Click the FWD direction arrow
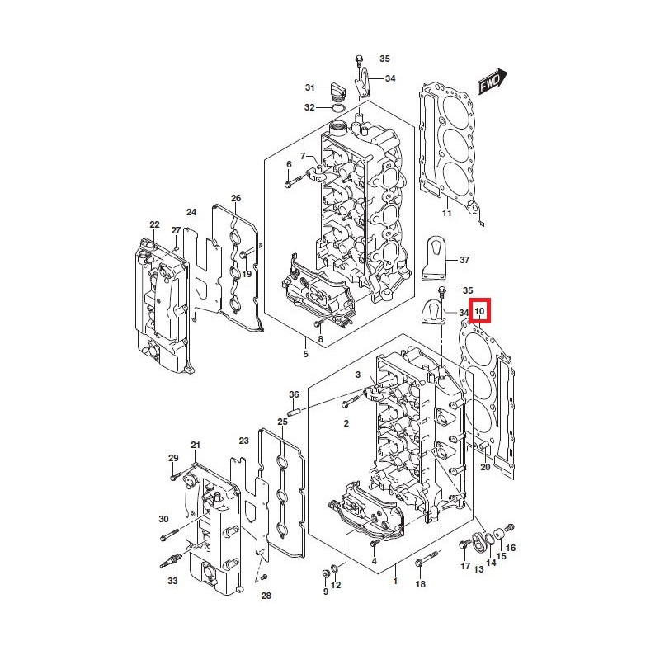tap(493, 83)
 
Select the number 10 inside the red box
tap(479, 312)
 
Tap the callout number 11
tap(446, 214)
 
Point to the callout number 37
tap(464, 260)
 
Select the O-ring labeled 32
tap(338, 108)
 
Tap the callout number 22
tap(154, 224)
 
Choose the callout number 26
tap(236, 198)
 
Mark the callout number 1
tap(395, 582)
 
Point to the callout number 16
tap(511, 548)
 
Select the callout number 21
tap(196, 445)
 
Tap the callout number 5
tap(305, 354)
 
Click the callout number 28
tap(266, 596)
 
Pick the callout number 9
tap(325, 591)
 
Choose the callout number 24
tap(191, 212)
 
